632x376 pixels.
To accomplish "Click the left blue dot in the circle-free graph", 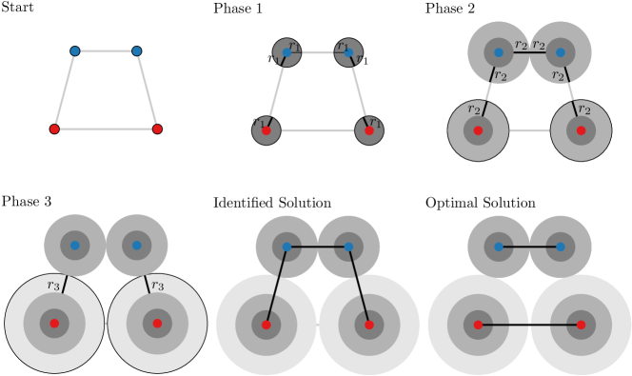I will pyautogui.click(x=74, y=50).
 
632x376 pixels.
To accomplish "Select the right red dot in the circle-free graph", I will pyautogui.click(x=157, y=129).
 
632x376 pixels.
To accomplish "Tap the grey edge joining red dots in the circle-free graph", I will pyautogui.click(x=106, y=129).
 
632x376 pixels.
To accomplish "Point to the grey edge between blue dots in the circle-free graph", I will pyautogui.click(x=106, y=50).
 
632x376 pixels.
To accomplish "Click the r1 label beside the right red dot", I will pyautogui.click(x=376, y=124).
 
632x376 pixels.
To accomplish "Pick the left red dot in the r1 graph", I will pyautogui.click(x=266, y=130).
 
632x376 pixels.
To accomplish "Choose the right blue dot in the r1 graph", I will pyautogui.click(x=348, y=52).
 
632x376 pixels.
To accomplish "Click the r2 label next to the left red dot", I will pyautogui.click(x=474, y=109).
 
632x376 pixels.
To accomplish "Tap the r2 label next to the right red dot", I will pyautogui.click(x=584, y=109).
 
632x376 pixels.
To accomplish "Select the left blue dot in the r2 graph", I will pyautogui.click(x=498, y=52).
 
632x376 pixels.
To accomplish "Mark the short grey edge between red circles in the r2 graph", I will pyautogui.click(x=529, y=130).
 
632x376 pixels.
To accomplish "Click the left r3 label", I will pyautogui.click(x=53, y=285).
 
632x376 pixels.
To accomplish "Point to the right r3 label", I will pyautogui.click(x=157, y=285).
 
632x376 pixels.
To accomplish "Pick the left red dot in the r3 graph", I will pyautogui.click(x=54, y=324).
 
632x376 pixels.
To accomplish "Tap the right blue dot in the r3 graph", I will pyautogui.click(x=136, y=246).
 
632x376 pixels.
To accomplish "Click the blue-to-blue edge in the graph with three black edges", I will pyautogui.click(x=317, y=247).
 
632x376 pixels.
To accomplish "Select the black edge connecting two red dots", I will pyautogui.click(x=529, y=325).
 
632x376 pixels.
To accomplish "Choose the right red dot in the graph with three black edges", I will pyautogui.click(x=369, y=325).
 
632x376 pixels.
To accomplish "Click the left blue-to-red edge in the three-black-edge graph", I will pyautogui.click(x=276, y=286).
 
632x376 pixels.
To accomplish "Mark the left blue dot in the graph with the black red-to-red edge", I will pyautogui.click(x=498, y=247).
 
